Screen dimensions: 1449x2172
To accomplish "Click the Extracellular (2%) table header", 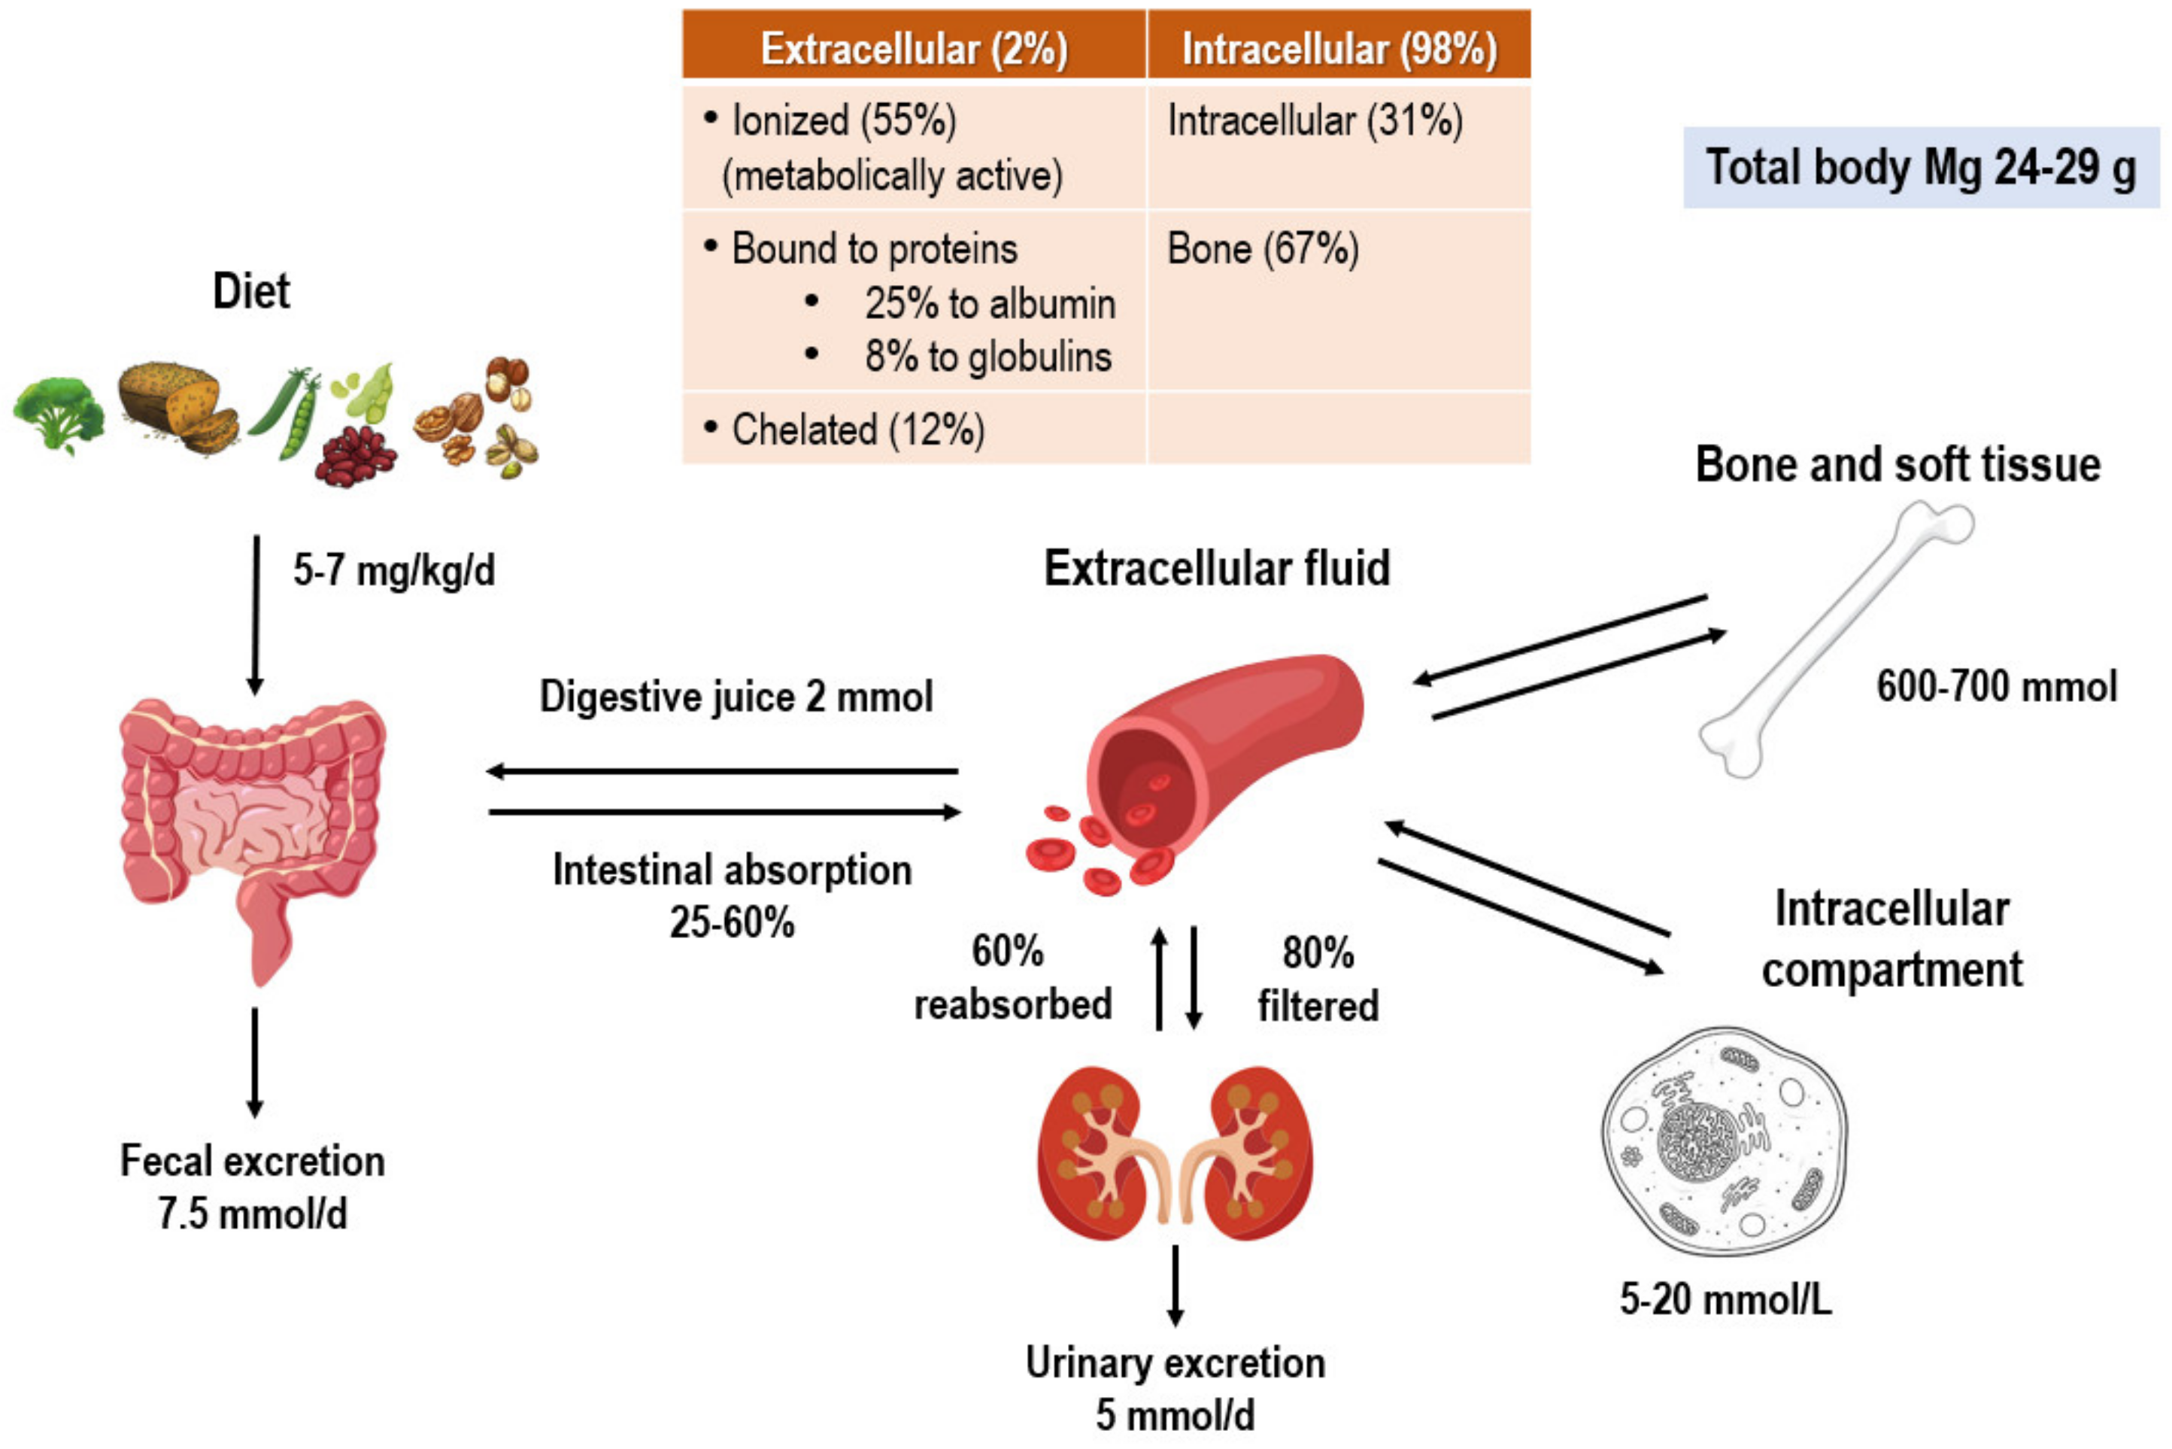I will pos(914,48).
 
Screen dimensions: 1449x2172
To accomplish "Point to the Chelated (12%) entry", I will pos(857,430).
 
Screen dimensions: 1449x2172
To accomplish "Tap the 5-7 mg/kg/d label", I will pos(393,570).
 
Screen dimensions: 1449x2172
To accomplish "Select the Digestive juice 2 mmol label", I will pos(736,697).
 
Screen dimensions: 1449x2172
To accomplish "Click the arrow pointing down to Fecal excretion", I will pos(255,1063).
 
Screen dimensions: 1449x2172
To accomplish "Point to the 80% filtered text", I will pos(1318,980).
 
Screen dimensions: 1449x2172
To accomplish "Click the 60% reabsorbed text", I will pos(1012,978).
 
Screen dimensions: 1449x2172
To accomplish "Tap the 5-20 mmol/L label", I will pos(1725,1299).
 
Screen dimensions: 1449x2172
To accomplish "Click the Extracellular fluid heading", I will pos(1216,568).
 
